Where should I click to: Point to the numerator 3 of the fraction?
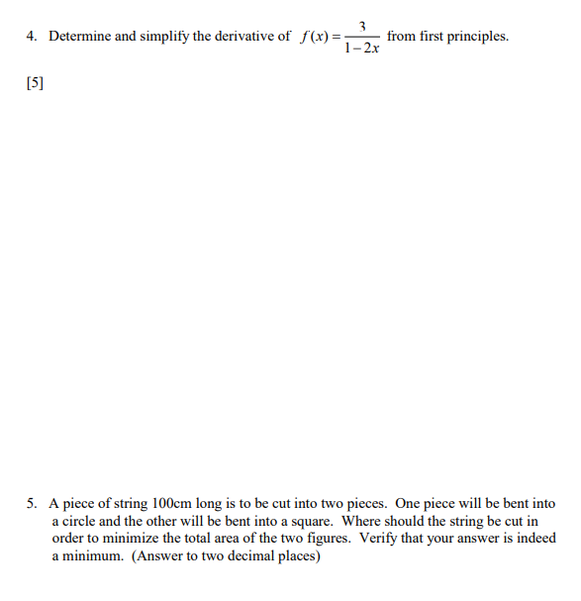point(363,26)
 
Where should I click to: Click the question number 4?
point(32,37)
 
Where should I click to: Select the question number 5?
point(32,503)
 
